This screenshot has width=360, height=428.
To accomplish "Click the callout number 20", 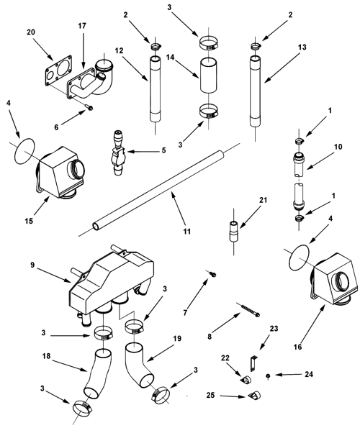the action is (x=31, y=32).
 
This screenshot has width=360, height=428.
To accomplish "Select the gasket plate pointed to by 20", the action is (x=58, y=70).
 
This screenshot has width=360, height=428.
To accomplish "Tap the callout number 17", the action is (x=82, y=26).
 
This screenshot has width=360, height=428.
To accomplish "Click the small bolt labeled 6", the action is (x=89, y=108).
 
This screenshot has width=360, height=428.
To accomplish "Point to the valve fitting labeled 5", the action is (x=118, y=152).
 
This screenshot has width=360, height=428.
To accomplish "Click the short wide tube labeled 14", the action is (x=209, y=75).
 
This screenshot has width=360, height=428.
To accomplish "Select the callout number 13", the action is (x=302, y=47).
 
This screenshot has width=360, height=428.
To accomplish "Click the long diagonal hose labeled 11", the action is (x=158, y=190).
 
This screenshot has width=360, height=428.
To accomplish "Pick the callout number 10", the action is (x=338, y=147).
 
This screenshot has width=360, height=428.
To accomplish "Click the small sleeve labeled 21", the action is (x=233, y=231).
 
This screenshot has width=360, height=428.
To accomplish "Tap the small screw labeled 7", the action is (x=213, y=274).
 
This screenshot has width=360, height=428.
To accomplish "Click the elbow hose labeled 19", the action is (x=139, y=365).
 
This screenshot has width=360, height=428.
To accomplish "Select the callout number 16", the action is (x=298, y=347).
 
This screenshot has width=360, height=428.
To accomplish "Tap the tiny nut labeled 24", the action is (x=268, y=376).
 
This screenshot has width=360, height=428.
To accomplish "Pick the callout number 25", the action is (x=210, y=395).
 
